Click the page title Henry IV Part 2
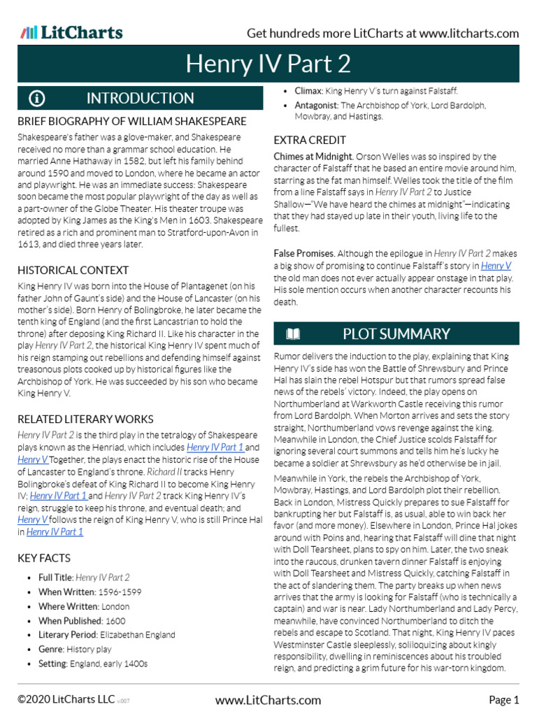click(268, 64)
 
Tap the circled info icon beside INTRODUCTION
click(36, 99)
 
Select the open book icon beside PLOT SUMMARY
click(293, 334)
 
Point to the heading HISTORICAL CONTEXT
click(73, 270)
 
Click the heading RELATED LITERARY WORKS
click(85, 420)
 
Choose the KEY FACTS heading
click(44, 558)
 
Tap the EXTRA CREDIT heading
click(310, 140)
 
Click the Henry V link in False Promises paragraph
click(496, 266)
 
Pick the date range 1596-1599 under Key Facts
click(124, 592)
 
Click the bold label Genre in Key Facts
click(50, 650)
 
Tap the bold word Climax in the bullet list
click(308, 91)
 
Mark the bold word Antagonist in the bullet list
click(316, 106)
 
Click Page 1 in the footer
click(503, 700)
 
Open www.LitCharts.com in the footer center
click(268, 700)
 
